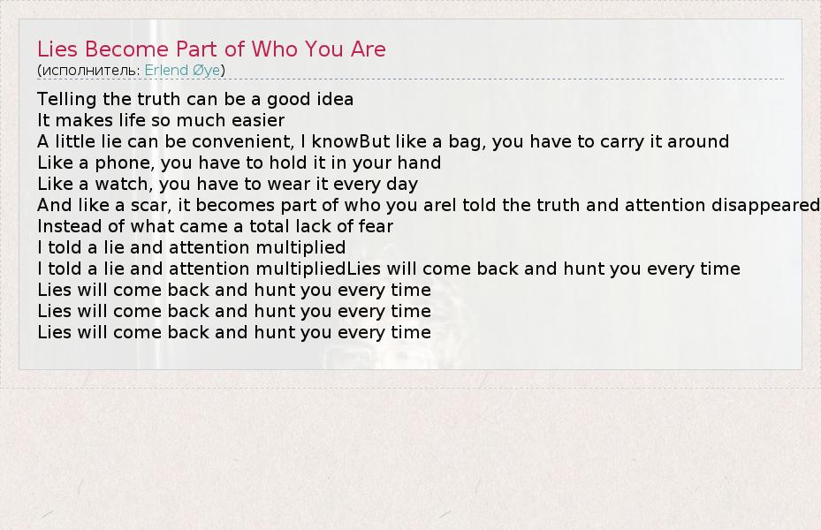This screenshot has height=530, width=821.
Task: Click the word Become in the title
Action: click(x=127, y=49)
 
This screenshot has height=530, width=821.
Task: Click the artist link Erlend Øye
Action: click(x=182, y=70)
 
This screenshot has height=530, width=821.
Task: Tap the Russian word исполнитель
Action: click(x=90, y=71)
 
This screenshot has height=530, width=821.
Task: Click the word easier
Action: click(x=258, y=120)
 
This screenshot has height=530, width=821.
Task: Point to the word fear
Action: click(x=376, y=226)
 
